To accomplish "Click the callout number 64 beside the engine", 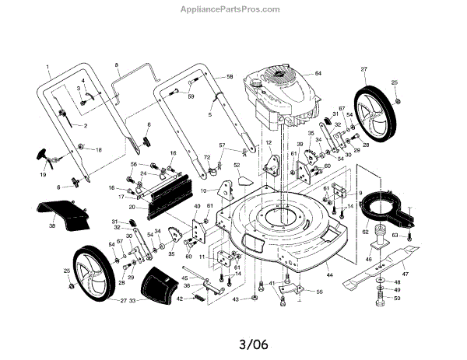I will [x=318, y=73].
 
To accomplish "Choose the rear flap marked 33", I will [x=162, y=285].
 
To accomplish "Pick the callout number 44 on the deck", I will [x=329, y=276].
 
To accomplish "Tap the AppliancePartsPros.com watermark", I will [x=233, y=10].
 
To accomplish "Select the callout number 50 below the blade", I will [x=397, y=299].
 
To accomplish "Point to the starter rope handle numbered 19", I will [x=41, y=154].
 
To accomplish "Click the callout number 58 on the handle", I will [x=230, y=77].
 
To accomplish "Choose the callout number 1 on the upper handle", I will [x=47, y=67].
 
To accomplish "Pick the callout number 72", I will [x=207, y=159].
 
